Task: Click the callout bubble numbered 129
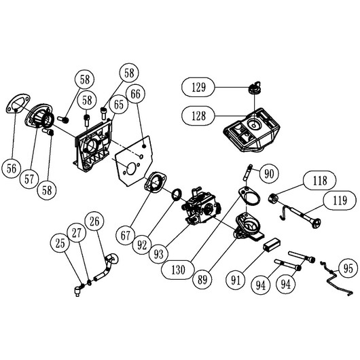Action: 198,87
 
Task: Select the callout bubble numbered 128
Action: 198,115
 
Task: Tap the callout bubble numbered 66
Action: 135,94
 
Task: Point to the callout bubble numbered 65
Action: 118,105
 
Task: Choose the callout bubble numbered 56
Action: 12,168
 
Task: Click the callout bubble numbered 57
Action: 29,179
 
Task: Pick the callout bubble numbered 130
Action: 178,270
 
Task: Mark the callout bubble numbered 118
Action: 320,181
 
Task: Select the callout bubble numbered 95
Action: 348,268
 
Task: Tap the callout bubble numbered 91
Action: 236,280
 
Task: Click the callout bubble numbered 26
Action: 94,221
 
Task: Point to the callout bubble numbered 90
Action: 269,173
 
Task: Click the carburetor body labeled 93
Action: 201,206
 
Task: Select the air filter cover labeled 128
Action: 251,130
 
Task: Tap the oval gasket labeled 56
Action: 18,103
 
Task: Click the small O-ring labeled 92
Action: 177,194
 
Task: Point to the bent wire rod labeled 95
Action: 336,278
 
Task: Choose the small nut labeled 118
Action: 273,198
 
